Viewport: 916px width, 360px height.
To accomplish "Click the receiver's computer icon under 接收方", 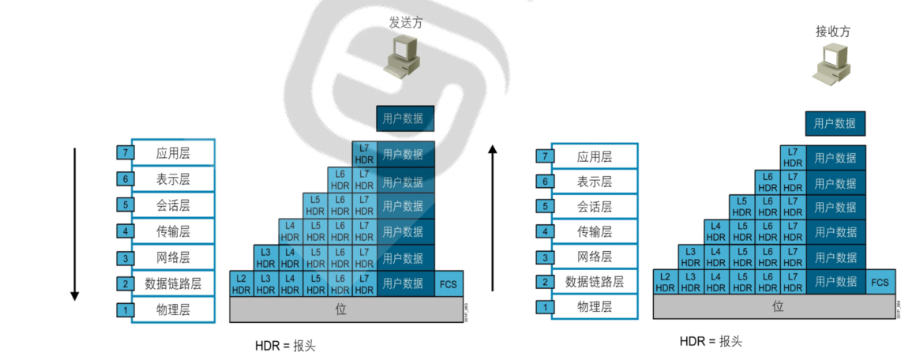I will [833, 63].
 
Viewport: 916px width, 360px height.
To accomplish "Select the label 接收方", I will [833, 32].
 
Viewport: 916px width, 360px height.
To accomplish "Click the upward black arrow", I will [494, 218].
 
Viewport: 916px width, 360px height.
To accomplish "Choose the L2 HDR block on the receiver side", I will [665, 282].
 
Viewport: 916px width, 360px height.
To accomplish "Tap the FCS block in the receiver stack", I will [879, 282].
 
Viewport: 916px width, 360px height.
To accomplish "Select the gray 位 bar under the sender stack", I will [341, 309].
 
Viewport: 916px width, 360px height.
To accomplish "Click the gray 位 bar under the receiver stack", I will [778, 306].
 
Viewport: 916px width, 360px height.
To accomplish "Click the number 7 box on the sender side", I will [125, 153].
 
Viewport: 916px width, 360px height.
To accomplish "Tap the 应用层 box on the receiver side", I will [594, 156].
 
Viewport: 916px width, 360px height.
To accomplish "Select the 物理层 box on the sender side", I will [173, 309].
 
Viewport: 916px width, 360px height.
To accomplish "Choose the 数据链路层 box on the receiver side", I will [594, 282].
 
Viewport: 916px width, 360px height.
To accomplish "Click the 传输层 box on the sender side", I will [173, 232].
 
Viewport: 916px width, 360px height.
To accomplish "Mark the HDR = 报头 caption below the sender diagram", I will [285, 346].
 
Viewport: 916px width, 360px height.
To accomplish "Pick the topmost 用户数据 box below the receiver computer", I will [835, 123].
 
